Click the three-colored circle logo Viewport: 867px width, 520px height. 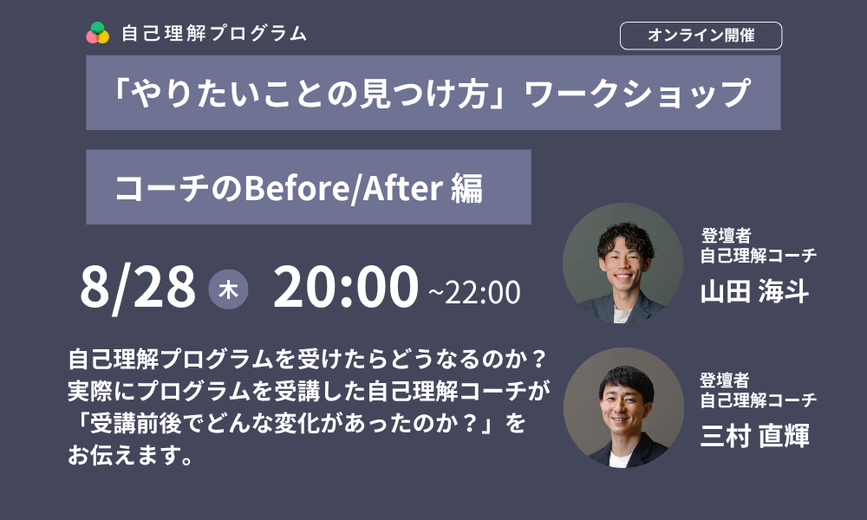97,33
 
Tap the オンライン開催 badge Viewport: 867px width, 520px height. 701,36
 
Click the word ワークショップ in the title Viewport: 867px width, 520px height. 636,93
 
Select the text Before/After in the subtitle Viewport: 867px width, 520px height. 343,188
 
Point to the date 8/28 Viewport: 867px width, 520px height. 138,287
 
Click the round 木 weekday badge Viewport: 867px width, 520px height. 228,289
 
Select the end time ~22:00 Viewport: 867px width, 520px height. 474,292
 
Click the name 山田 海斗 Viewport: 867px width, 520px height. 754,291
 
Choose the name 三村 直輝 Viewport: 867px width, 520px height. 755,435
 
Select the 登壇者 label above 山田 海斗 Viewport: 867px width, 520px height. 726,236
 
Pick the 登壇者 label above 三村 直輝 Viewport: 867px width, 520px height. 725,380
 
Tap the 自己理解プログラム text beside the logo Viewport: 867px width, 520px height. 214,33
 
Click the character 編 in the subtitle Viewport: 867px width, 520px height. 466,188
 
